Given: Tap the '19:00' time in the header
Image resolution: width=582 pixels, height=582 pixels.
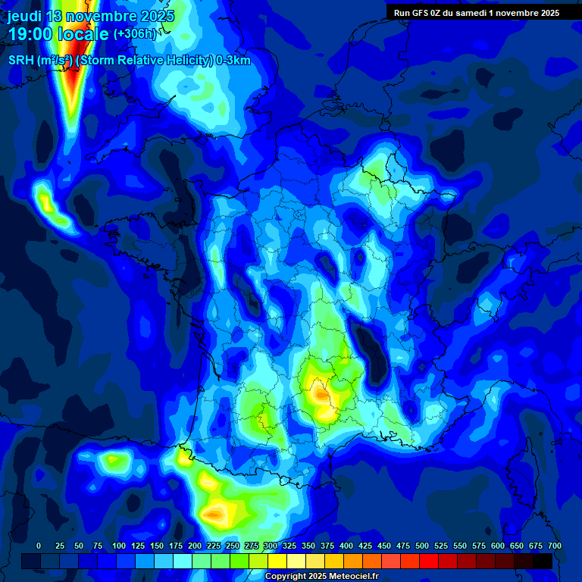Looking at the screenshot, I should (x=33, y=34).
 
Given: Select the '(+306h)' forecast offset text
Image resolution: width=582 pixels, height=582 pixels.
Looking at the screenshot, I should (x=134, y=34).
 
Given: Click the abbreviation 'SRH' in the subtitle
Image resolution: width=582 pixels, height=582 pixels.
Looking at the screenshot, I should (x=20, y=61).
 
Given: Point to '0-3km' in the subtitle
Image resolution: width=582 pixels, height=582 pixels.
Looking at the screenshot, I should (x=233, y=61).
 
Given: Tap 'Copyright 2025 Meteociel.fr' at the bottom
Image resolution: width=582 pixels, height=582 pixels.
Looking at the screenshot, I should (x=321, y=577).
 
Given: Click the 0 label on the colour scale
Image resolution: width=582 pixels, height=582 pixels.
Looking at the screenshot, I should (x=39, y=546).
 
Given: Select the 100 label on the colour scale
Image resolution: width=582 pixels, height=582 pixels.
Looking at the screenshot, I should (x=119, y=546).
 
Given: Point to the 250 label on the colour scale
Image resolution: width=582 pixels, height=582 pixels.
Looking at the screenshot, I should (x=233, y=546).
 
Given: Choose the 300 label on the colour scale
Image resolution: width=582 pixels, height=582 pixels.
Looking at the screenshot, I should (x=271, y=546).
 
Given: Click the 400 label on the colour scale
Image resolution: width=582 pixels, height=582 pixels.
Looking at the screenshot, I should (x=346, y=546).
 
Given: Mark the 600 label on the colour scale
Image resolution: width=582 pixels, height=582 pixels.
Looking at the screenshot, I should (x=498, y=546).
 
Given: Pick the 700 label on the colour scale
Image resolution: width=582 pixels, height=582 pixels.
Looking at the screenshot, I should (x=554, y=546).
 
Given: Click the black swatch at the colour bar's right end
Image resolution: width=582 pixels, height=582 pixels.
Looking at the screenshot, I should (x=543, y=561).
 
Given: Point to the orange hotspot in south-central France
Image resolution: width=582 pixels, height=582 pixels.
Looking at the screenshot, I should (x=321, y=393).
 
